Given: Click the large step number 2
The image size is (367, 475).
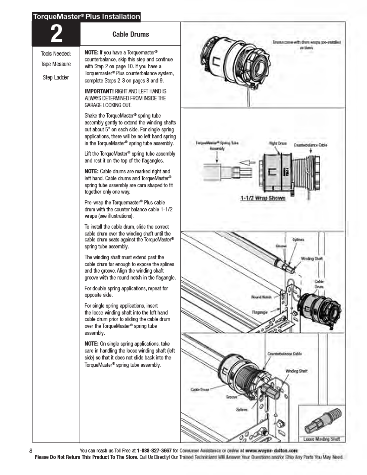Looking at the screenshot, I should click(x=56, y=34).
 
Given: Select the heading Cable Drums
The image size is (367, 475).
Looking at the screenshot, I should click(x=130, y=34).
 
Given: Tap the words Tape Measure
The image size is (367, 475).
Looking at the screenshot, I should click(x=56, y=64).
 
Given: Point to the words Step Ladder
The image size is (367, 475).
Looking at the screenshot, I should click(x=56, y=77).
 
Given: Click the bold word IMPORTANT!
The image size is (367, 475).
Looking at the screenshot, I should click(x=99, y=91).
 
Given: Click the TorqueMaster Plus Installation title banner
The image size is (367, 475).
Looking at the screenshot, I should click(x=86, y=16).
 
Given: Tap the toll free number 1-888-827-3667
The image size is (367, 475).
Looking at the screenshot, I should click(x=154, y=450).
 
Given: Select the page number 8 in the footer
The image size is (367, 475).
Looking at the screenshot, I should click(x=31, y=450).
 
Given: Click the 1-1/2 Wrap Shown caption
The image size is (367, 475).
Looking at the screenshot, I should click(x=263, y=198).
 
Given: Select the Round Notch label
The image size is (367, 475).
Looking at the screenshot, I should click(x=261, y=297).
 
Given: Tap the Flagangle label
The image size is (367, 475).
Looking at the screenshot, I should click(x=260, y=312).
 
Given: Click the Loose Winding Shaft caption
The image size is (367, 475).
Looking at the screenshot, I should click(x=321, y=439).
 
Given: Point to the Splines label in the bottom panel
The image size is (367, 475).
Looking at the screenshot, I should click(x=242, y=409).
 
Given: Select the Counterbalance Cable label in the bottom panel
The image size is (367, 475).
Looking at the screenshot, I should click(x=284, y=354).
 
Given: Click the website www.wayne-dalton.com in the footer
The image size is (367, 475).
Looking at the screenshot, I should click(x=271, y=450).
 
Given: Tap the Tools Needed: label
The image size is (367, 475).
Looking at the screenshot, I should click(x=56, y=54).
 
